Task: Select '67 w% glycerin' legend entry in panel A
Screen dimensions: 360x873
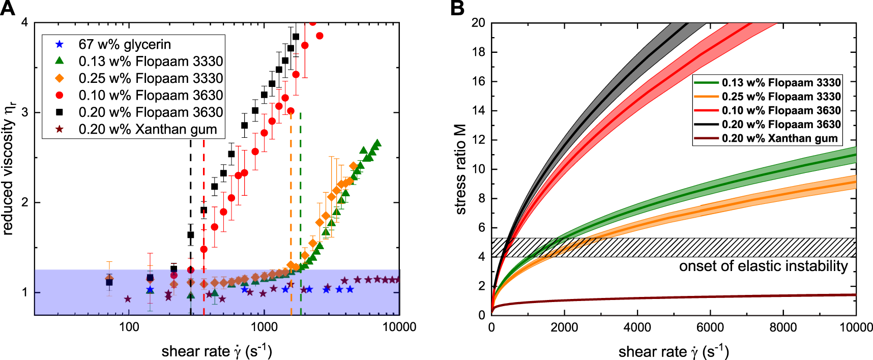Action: click(125, 45)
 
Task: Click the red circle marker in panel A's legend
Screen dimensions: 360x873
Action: click(60, 95)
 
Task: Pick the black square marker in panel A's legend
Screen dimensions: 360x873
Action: click(60, 112)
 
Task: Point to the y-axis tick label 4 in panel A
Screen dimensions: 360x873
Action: click(24, 23)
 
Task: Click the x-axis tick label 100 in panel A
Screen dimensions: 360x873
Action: click(129, 327)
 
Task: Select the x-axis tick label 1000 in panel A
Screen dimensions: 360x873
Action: click(264, 327)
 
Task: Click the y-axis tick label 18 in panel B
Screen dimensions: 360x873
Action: click(478, 52)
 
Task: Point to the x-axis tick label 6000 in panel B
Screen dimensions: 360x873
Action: click(710, 327)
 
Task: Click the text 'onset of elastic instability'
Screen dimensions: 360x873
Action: click(763, 266)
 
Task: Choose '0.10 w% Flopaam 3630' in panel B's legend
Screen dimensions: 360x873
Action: click(781, 110)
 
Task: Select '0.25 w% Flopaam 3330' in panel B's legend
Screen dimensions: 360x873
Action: click(781, 97)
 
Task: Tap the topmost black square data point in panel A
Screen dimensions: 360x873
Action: click(296, 37)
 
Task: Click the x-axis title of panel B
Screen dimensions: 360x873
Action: click(673, 351)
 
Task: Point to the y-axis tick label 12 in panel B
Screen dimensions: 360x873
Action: click(478, 140)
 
